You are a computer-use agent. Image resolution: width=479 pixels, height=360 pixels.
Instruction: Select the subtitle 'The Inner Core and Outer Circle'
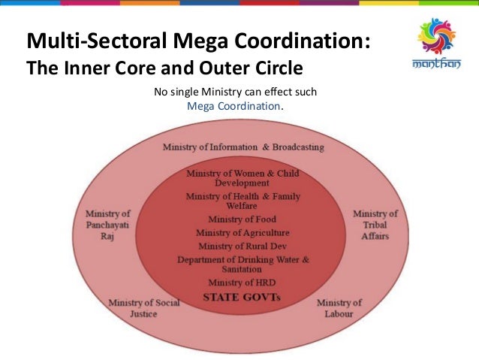(x=164, y=68)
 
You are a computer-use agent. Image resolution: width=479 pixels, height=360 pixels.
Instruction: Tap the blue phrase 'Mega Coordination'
(x=233, y=106)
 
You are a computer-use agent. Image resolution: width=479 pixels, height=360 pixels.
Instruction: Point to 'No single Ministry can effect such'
(x=236, y=92)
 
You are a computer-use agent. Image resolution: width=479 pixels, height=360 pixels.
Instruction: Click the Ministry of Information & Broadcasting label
(x=243, y=147)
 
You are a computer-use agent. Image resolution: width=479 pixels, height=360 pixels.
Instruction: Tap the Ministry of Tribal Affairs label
(x=375, y=224)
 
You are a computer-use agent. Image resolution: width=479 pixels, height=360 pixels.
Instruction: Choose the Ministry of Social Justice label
(x=134, y=308)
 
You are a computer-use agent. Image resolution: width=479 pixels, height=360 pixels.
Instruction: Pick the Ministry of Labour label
(x=339, y=308)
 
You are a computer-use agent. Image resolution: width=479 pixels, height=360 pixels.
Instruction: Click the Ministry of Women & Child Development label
(x=242, y=178)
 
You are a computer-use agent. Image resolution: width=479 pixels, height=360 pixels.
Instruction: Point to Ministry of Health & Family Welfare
(x=242, y=201)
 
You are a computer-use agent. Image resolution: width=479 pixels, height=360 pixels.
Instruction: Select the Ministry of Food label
(x=242, y=219)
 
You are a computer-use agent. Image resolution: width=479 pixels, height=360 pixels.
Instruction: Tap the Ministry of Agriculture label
(x=242, y=233)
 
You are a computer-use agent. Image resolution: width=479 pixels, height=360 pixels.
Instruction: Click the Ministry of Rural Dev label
(x=242, y=247)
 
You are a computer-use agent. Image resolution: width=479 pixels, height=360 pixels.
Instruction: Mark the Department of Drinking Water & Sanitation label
(x=242, y=265)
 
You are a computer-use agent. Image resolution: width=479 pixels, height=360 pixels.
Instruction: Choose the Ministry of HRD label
(x=242, y=283)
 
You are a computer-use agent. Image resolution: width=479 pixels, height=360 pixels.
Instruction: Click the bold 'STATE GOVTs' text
(x=242, y=298)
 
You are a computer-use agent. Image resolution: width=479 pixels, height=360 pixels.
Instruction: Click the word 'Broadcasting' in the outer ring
(x=298, y=147)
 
